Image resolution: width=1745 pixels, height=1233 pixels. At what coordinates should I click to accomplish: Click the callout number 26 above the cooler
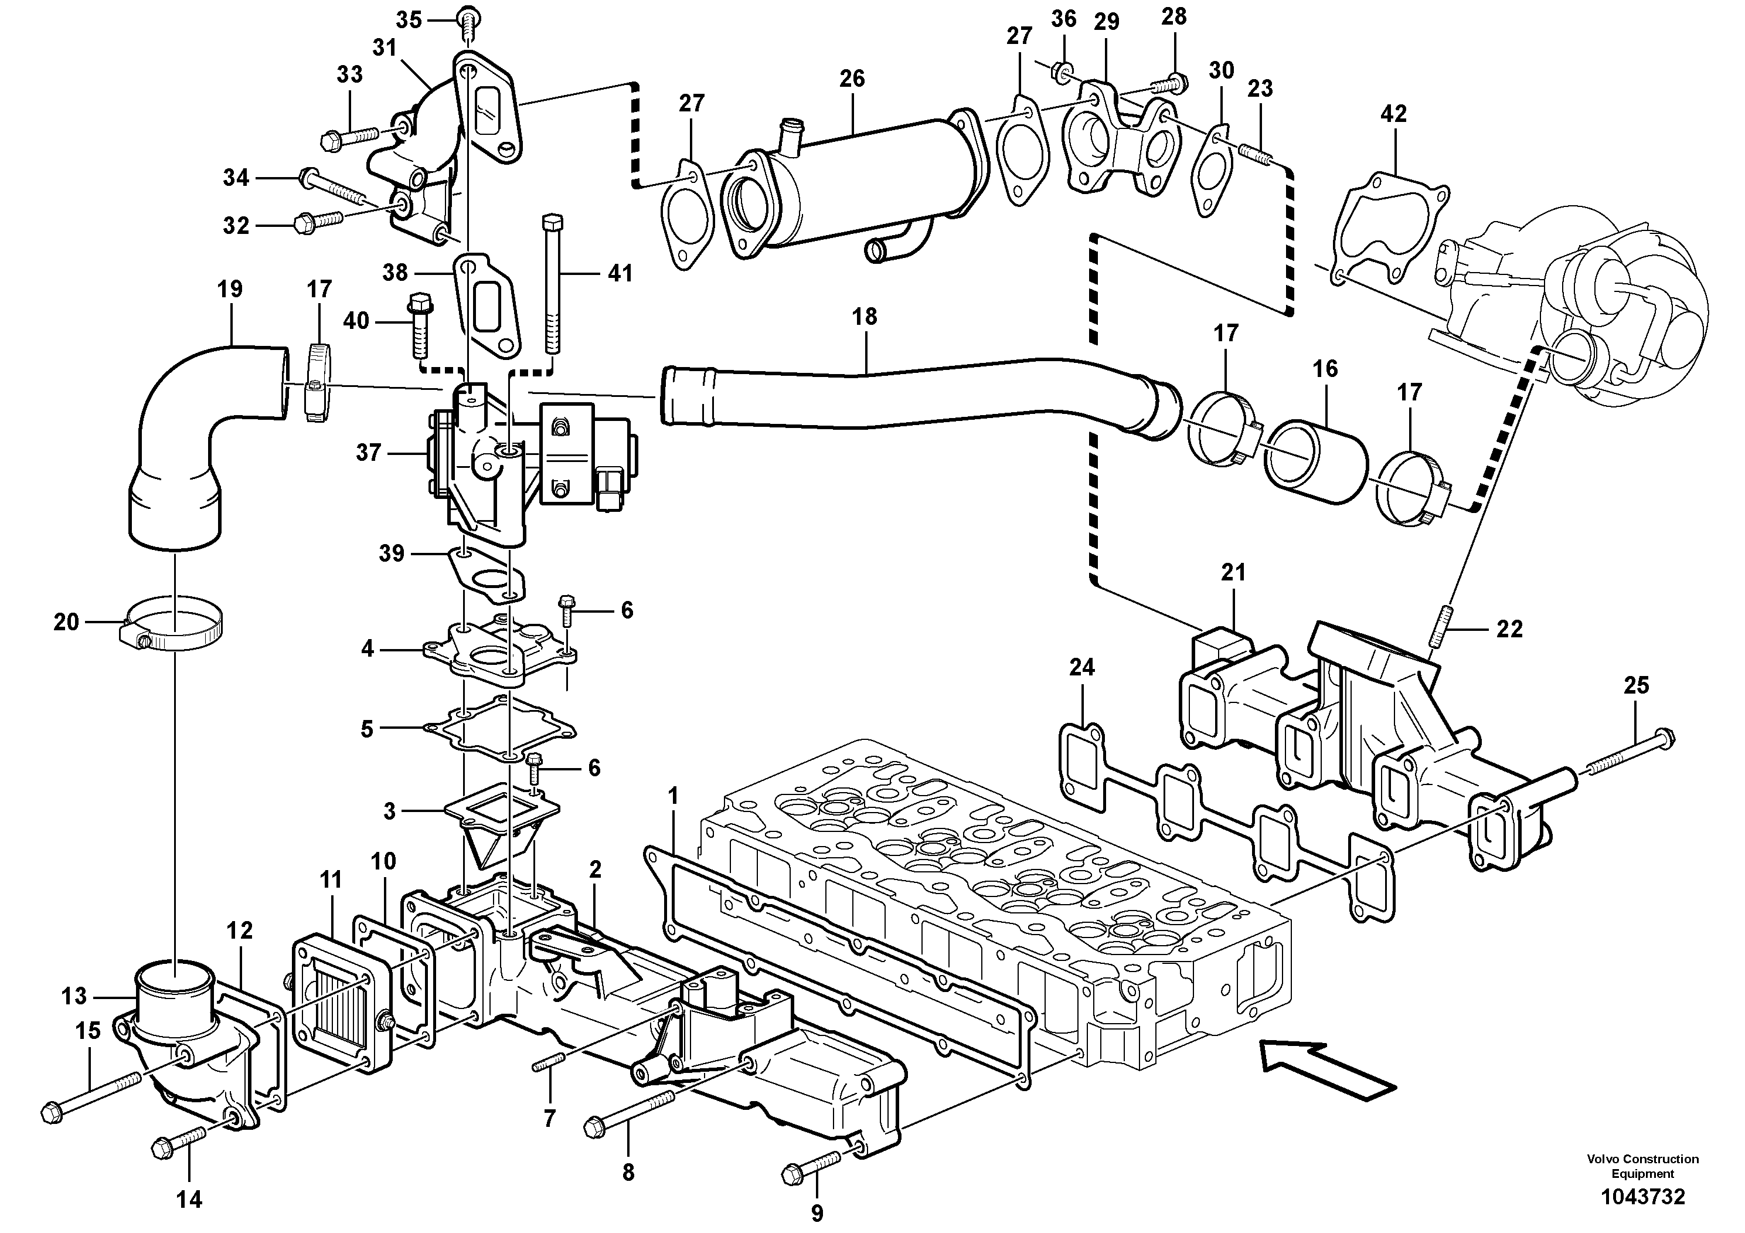pos(852,79)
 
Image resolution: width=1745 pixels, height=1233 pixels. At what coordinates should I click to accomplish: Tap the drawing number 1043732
pos(1642,1197)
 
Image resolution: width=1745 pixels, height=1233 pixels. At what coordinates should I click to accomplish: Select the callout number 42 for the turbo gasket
pos(1394,114)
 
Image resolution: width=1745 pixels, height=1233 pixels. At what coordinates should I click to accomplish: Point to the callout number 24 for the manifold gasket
pos(1081,667)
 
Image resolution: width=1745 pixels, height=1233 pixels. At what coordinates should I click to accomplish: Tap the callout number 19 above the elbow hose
pos(230,289)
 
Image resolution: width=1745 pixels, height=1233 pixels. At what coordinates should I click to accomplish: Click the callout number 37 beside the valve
pos(368,453)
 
